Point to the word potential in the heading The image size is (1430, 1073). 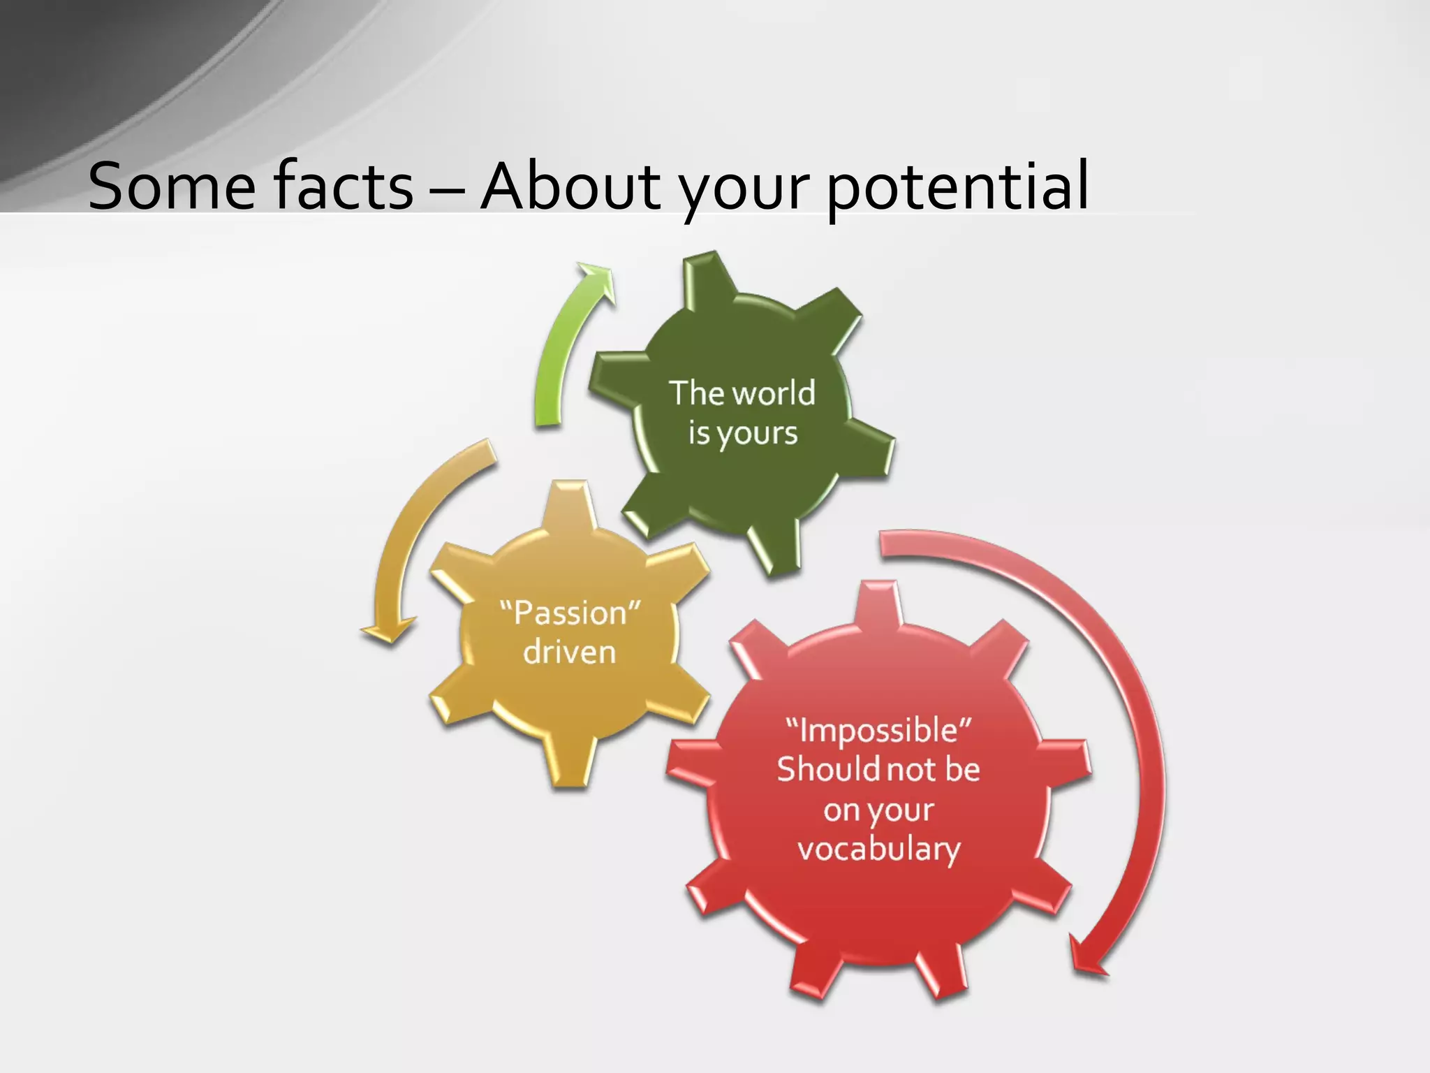[x=957, y=187]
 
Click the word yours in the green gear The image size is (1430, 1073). [x=758, y=435]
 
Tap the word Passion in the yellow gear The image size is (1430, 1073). [x=570, y=613]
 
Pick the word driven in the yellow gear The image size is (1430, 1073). [x=570, y=652]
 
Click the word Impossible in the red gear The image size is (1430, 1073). [x=878, y=731]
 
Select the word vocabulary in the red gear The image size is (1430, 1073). [x=879, y=849]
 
